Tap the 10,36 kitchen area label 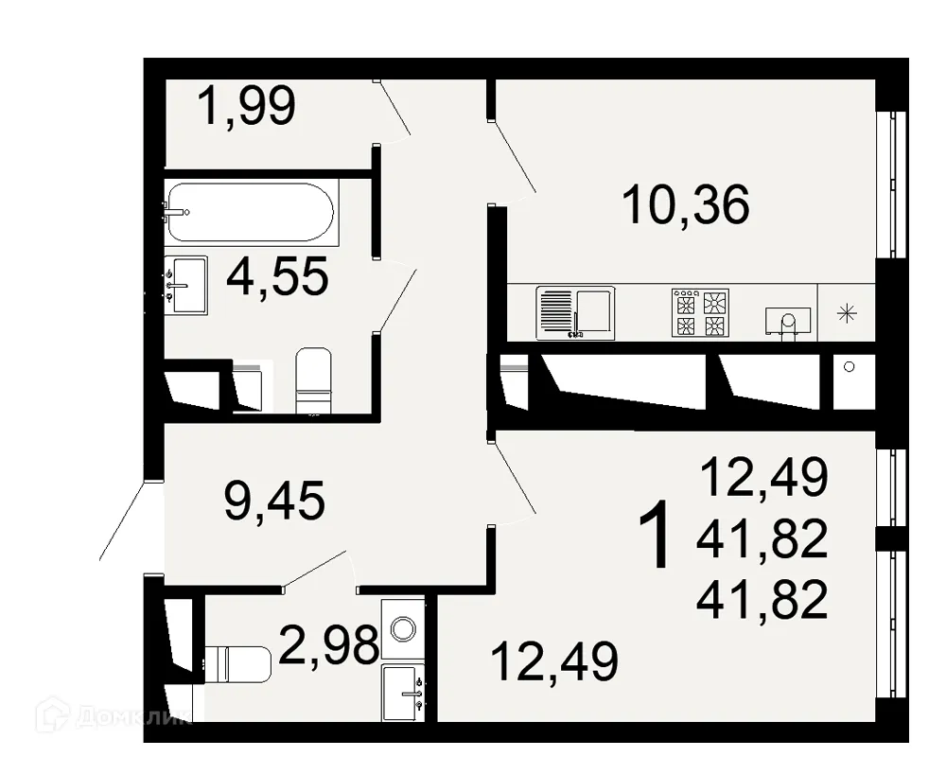686,205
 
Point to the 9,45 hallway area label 274,501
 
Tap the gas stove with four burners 701,313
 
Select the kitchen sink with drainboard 574,312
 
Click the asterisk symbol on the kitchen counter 848,313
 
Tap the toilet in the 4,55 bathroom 313,381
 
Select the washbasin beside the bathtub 185,283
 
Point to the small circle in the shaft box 849,366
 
